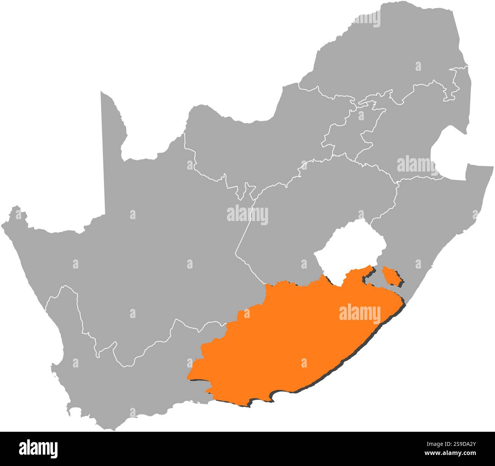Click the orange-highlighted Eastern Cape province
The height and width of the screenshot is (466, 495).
click(289, 342)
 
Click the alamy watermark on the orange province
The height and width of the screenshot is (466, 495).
click(359, 314)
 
